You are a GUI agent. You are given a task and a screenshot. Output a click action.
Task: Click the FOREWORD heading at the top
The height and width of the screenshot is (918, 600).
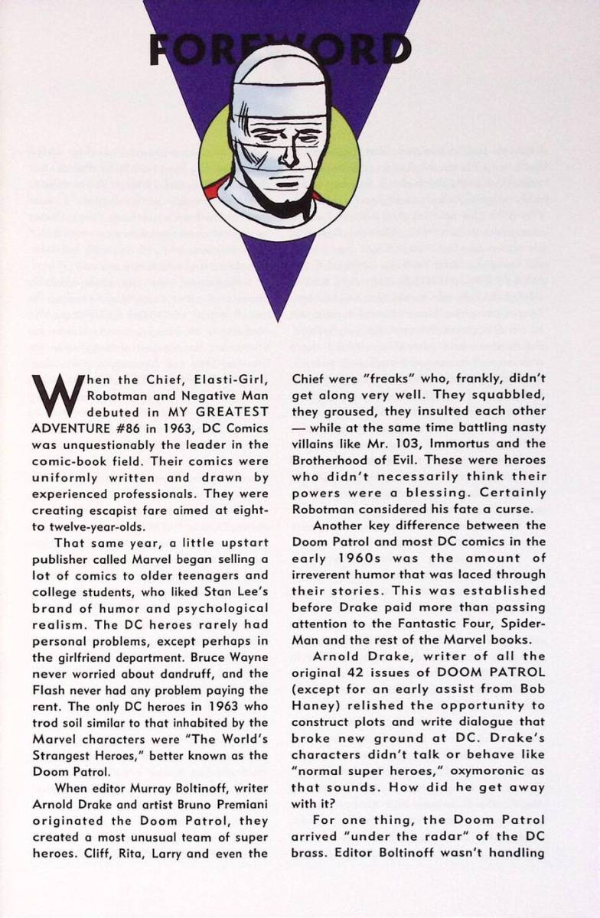click(280, 51)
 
